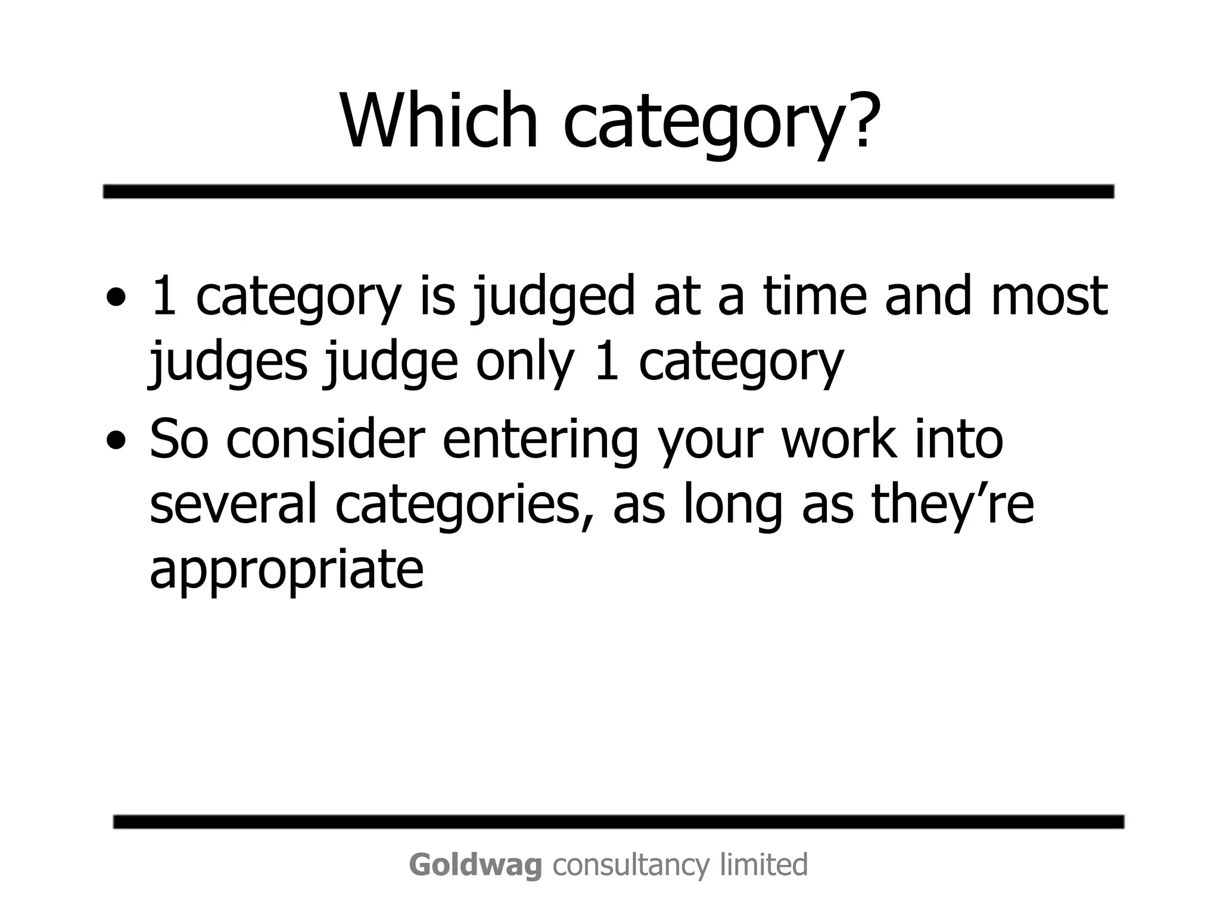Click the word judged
[x=554, y=298]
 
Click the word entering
[x=540, y=444]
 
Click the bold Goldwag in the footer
[x=475, y=864]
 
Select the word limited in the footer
[x=764, y=864]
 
